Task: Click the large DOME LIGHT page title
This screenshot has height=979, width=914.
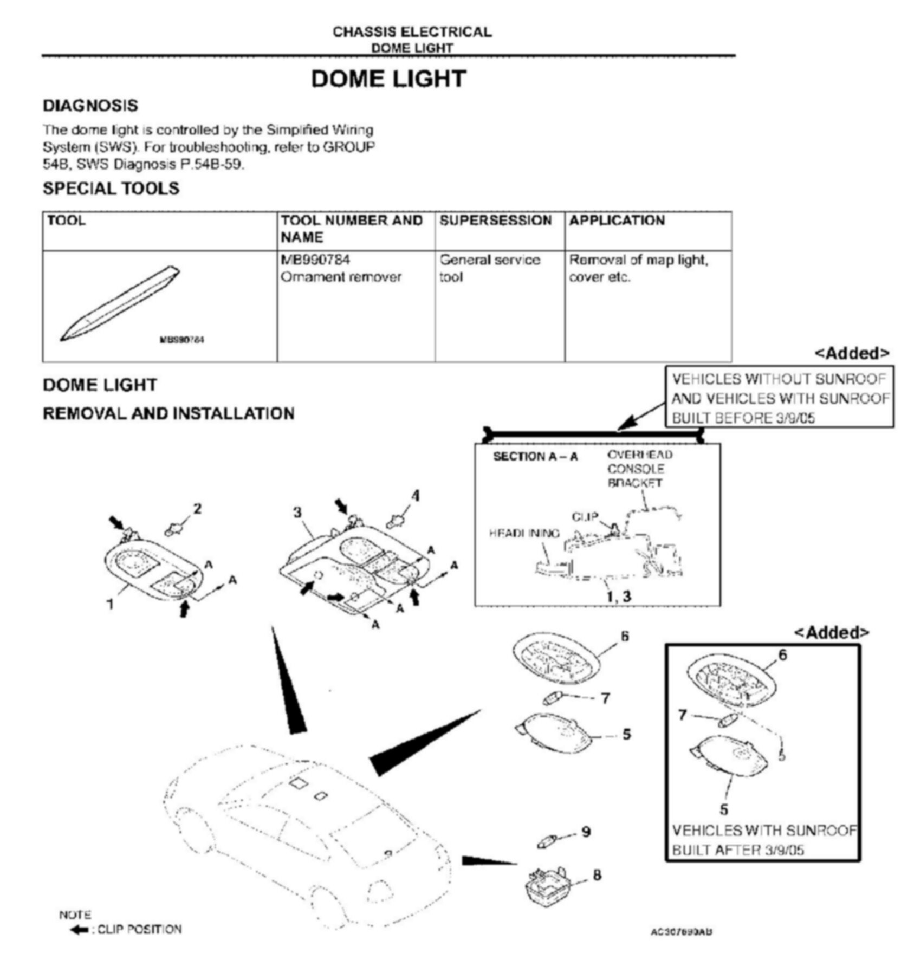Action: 388,79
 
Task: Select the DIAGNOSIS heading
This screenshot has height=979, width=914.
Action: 90,106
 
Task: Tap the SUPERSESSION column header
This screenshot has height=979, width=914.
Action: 495,221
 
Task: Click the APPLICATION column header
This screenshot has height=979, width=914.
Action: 617,221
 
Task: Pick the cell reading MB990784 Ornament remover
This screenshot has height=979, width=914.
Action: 341,269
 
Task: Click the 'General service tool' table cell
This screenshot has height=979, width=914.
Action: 489,269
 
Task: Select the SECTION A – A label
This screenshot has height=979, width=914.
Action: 535,457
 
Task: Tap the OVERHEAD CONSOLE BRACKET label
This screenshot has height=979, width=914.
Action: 639,469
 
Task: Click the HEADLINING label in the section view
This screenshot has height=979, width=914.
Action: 524,534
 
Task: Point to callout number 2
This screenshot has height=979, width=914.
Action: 197,509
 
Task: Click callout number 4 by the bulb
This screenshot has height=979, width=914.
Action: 416,496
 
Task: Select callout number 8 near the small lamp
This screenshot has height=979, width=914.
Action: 597,875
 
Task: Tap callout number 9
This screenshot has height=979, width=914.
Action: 586,832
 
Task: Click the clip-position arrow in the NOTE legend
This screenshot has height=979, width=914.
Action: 80,930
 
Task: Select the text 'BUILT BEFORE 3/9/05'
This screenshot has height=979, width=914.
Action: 743,418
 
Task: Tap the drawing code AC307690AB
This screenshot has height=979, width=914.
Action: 681,932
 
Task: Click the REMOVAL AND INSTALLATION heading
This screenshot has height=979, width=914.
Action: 168,414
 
